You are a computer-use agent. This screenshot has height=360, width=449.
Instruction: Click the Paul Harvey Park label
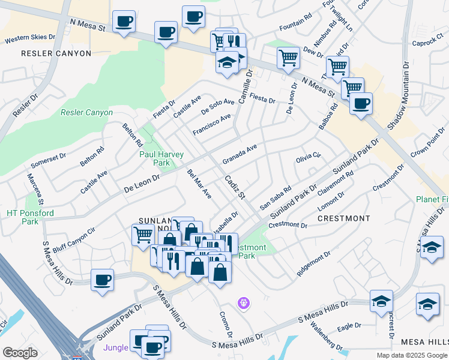pyautogui.click(x=161, y=158)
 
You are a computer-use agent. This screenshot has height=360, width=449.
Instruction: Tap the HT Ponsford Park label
pyautogui.click(x=30, y=217)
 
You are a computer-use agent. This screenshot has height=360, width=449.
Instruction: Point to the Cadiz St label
pyautogui.click(x=235, y=187)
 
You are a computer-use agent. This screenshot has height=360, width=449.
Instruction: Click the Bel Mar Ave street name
pyautogui.click(x=199, y=184)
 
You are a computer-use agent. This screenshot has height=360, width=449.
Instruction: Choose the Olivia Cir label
pyautogui.click(x=309, y=158)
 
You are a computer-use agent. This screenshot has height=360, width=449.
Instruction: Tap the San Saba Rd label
pyautogui.click(x=275, y=197)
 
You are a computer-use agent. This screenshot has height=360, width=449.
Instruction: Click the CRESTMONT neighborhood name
pyautogui.click(x=344, y=218)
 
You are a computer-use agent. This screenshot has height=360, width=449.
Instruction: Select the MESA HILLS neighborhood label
pyautogui.click(x=424, y=341)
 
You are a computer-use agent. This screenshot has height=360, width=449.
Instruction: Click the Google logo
pyautogui.click(x=20, y=353)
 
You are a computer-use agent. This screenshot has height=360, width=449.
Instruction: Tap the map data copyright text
pyautogui.click(x=412, y=355)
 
